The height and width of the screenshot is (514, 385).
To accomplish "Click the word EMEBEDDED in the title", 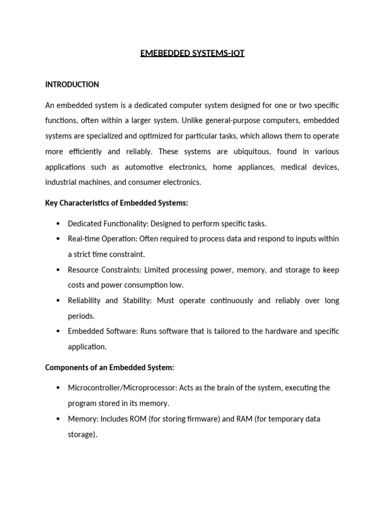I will (161, 53).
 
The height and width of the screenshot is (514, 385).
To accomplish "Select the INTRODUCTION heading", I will (72, 84).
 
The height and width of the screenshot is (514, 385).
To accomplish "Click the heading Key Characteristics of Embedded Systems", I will (116, 203).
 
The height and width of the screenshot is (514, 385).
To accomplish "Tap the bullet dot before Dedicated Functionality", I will (58, 224).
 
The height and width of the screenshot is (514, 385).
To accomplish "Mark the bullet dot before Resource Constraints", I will (58, 270).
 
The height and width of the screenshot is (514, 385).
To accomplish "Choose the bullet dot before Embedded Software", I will (58, 331).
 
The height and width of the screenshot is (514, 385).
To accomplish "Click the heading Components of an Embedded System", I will (109, 367).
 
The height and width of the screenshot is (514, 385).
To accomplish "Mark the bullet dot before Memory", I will (58, 419).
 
